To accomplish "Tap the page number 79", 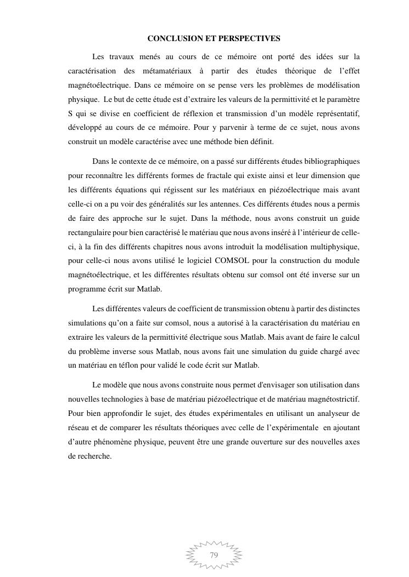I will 214,555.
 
